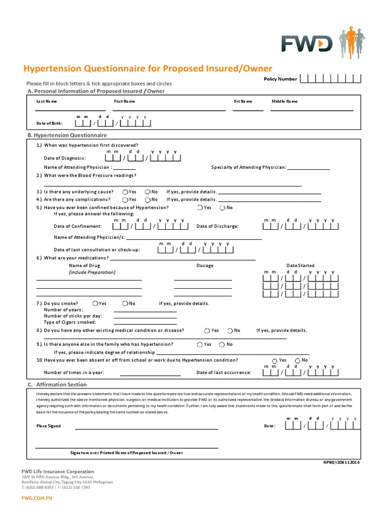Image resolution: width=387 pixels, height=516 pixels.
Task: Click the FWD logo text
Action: pyautogui.click(x=306, y=44)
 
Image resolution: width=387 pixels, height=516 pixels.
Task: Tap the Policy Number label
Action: pyautogui.click(x=280, y=79)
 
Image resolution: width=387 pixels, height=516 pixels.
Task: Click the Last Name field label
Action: pyautogui.click(x=47, y=101)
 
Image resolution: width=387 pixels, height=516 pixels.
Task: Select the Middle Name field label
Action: pyautogui.click(x=285, y=101)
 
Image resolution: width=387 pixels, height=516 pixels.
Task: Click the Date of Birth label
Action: pyautogui.click(x=49, y=123)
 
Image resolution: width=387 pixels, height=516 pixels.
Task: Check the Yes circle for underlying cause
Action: pyautogui.click(x=125, y=191)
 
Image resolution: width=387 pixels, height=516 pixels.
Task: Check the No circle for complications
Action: pyautogui.click(x=148, y=200)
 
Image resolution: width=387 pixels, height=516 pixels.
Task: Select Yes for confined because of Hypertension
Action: pyautogui.click(x=200, y=208)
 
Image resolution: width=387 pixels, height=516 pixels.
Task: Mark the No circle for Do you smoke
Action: pyautogui.click(x=125, y=303)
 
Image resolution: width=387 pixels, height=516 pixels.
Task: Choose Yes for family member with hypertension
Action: pyautogui.click(x=200, y=344)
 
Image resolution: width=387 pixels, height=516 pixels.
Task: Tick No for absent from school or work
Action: pyautogui.click(x=298, y=360)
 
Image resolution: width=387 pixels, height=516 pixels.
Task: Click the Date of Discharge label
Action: pyautogui.click(x=217, y=226)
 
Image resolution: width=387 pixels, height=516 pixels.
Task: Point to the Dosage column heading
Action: pyautogui.click(x=205, y=266)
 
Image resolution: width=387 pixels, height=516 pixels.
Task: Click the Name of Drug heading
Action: pyautogui.click(x=84, y=266)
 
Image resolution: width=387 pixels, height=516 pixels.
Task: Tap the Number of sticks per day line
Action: pyautogui.click(x=145, y=318)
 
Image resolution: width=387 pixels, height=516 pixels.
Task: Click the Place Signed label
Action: pyautogui.click(x=48, y=426)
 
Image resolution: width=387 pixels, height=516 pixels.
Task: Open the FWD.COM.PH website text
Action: pyautogui.click(x=36, y=498)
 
